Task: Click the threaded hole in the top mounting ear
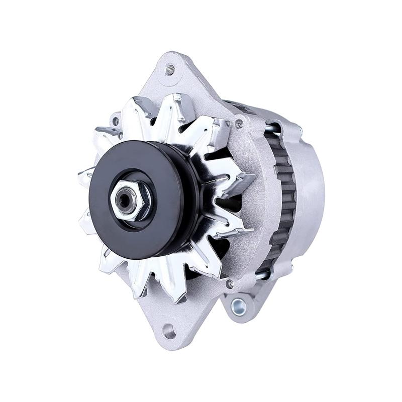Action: point(170,70)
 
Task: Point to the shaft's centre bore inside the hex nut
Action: point(124,200)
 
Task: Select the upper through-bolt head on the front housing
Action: point(239,123)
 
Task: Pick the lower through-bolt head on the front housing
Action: point(230,284)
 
